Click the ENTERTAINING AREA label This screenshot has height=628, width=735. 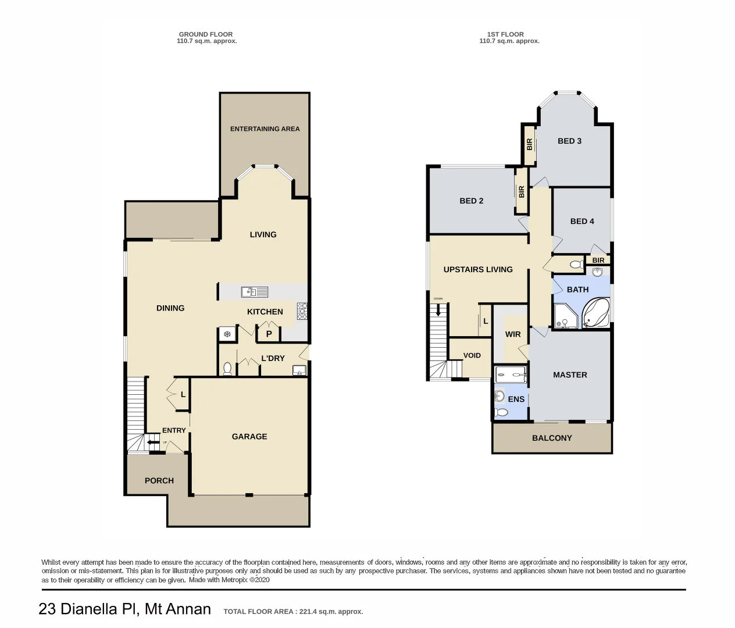265,129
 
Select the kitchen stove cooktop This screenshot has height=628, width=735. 302,311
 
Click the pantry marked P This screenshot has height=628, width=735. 269,334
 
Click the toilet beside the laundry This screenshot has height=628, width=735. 227,369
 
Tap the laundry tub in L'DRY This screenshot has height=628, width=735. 299,370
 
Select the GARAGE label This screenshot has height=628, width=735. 249,437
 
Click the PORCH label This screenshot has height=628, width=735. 159,481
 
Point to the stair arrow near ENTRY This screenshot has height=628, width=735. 153,443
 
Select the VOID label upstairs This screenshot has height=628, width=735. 472,355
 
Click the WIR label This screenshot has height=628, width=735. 513,334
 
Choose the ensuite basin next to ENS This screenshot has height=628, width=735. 499,397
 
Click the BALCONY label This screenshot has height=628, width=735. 552,438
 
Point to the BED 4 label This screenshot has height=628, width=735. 582,222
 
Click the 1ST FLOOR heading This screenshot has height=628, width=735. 505,34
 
